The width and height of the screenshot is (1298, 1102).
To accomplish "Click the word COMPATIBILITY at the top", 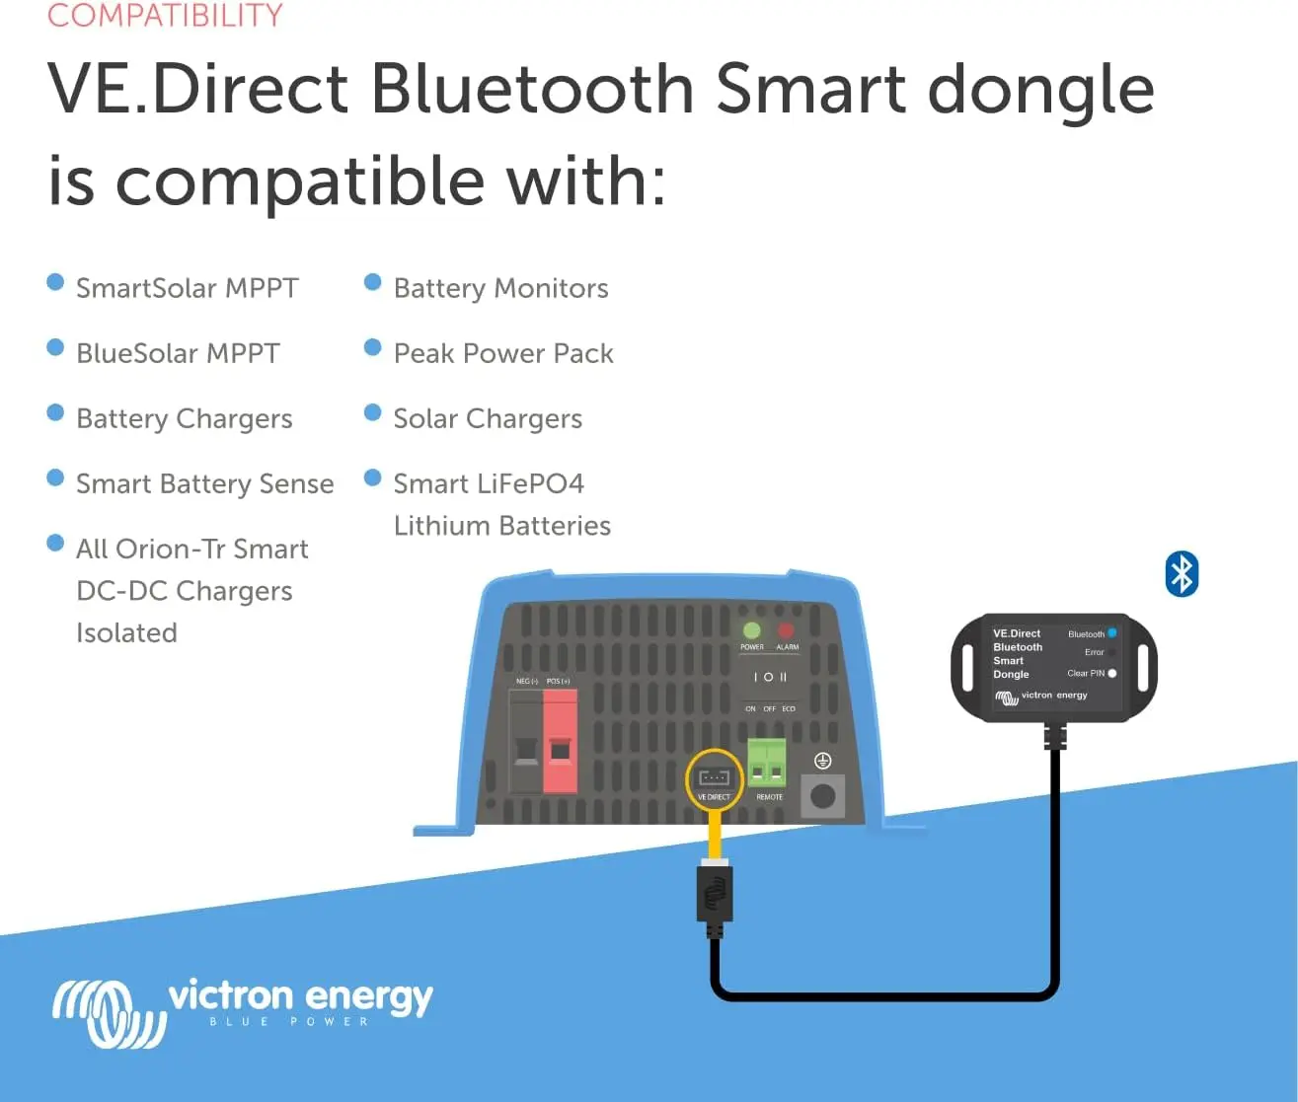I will tap(165, 16).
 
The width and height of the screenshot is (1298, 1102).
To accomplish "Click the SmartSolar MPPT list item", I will tap(187, 288).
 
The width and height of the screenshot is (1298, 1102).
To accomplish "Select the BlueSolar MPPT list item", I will tap(178, 353).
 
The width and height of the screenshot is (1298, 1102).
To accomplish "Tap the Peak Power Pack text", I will tap(503, 353).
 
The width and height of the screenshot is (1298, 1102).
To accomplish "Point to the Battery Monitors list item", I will tap(500, 288).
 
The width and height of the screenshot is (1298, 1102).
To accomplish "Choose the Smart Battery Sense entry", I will tap(204, 483).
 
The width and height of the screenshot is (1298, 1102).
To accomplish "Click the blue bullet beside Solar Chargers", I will tap(372, 412).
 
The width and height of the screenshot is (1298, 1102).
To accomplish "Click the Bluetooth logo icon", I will tap(1182, 573).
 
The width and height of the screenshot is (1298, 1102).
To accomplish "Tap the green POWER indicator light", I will tap(752, 630).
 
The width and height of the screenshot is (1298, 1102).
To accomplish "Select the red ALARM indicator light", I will tap(786, 630).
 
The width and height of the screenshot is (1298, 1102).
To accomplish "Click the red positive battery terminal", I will tap(560, 742).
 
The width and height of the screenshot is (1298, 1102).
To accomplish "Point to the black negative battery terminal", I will tap(526, 742).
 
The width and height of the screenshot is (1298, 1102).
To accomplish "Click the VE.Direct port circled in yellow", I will tap(714, 778).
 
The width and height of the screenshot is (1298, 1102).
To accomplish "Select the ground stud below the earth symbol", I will tap(823, 795).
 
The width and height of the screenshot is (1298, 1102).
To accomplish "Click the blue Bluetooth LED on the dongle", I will tap(1112, 633).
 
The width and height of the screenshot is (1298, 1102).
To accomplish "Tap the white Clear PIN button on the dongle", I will tap(1112, 673).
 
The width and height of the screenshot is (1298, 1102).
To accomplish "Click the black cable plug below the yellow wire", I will tap(715, 895).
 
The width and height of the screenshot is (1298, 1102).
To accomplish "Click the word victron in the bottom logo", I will tap(229, 996).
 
